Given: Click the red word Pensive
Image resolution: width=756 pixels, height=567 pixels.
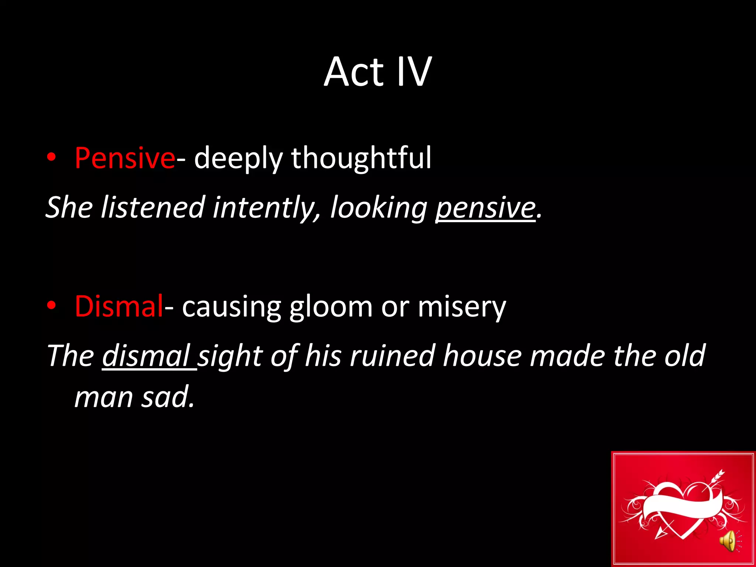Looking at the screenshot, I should point(125,158).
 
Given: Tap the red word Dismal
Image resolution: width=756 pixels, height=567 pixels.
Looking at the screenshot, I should point(119,306).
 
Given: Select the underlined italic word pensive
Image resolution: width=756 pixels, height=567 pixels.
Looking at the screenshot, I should point(485,207).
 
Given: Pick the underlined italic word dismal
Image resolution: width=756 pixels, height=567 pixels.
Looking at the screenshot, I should point(146,356).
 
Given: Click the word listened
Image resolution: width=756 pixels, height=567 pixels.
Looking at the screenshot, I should point(152,207).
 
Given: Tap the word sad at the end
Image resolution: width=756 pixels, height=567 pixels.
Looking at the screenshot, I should point(168,397).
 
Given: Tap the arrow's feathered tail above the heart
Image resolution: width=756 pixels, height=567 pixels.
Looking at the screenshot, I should point(718,476).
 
